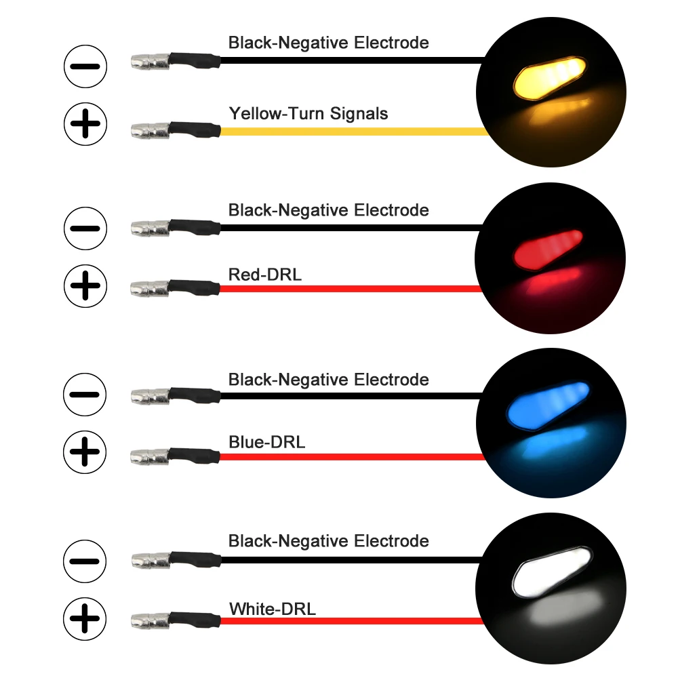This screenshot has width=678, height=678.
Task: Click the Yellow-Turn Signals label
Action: pyautogui.click(x=308, y=113)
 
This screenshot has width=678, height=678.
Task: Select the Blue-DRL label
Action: pyautogui.click(x=266, y=443)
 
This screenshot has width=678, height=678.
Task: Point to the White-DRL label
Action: pyautogui.click(x=272, y=609)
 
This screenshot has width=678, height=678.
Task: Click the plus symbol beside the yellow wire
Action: pyautogui.click(x=85, y=123)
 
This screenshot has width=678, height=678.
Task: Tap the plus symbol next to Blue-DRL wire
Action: pyautogui.click(x=85, y=452)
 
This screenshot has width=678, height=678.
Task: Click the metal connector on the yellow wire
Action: pyautogui.click(x=148, y=128)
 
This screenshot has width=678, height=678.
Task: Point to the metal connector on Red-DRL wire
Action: pyautogui.click(x=148, y=289)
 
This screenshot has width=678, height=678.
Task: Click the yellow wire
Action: pyautogui.click(x=353, y=132)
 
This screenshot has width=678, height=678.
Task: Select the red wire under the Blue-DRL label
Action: pyautogui.click(x=353, y=457)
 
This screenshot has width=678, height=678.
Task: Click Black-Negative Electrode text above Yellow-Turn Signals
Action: pyautogui.click(x=328, y=43)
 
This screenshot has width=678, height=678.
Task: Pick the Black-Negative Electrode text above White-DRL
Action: pyautogui.click(x=328, y=541)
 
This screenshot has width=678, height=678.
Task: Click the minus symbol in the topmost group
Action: pyautogui.click(x=85, y=66)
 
